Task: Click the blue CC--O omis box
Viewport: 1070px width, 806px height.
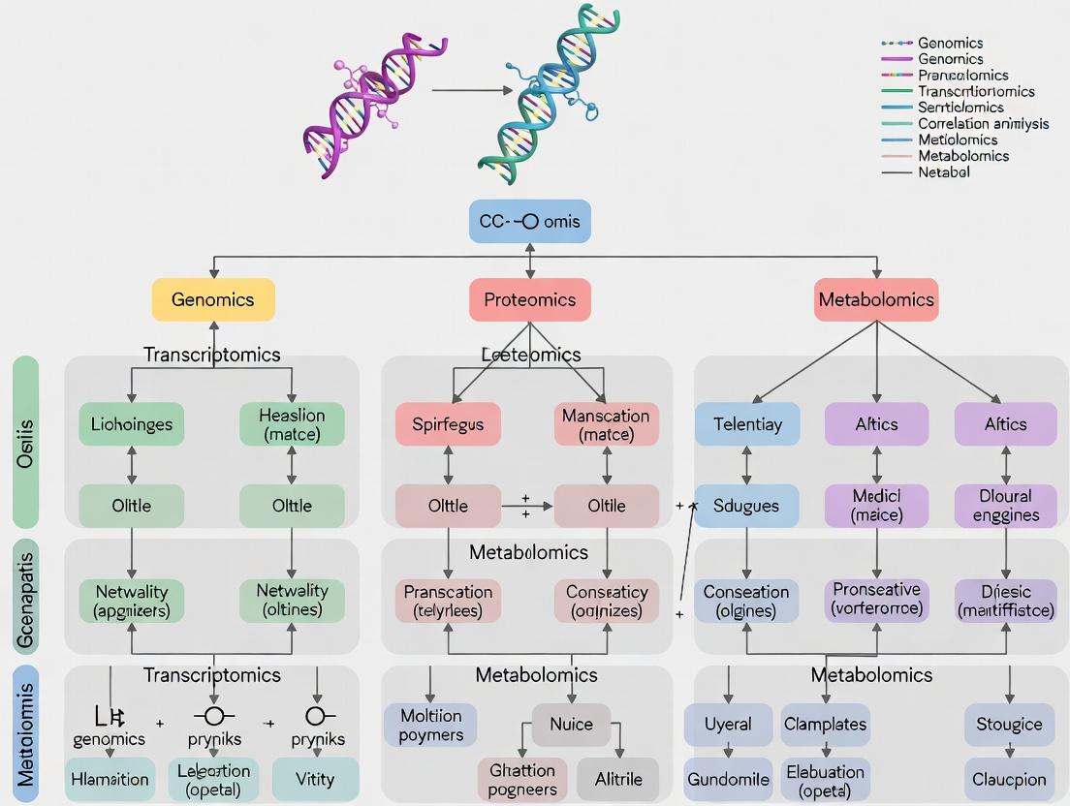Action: coord(529,221)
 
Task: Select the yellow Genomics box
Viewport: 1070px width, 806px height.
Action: coord(213,299)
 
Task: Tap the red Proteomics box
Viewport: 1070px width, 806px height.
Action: coord(529,299)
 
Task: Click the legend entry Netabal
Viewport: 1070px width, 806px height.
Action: coord(943,171)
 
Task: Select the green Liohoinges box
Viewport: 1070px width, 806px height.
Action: coord(132,423)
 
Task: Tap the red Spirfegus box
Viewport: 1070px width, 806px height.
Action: coord(447,423)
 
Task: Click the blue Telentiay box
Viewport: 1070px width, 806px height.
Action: coord(747,423)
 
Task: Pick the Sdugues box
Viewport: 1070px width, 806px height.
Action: coord(747,505)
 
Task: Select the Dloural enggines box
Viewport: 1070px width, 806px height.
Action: coord(1005,505)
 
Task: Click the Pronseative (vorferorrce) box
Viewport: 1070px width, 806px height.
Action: coord(876,600)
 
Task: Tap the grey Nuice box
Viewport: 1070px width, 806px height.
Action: coord(571,724)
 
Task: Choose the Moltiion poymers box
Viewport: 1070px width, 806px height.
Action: coord(430,725)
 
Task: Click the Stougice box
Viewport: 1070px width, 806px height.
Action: coord(1009,724)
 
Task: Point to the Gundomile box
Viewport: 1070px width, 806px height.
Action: coord(727,779)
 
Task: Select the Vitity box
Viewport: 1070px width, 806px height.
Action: coord(315,779)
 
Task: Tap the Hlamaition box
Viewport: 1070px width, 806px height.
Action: coord(110,779)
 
